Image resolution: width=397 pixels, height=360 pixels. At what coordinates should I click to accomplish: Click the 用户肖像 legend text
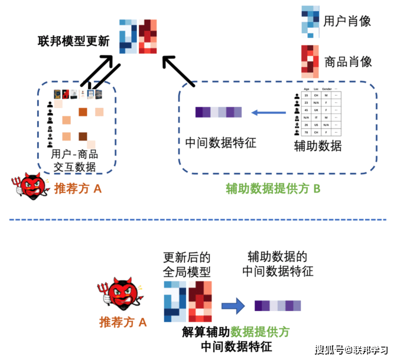pyautogui.click(x=347, y=21)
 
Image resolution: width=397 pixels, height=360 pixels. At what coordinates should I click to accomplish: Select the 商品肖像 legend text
pyautogui.click(x=347, y=61)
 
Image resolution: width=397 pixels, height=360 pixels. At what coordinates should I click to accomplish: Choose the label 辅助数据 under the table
pyautogui.click(x=317, y=145)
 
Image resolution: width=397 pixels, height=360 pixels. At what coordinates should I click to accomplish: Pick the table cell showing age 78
pyautogui.click(x=306, y=132)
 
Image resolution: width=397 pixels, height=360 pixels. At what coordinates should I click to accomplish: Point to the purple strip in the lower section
pyautogui.click(x=277, y=305)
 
